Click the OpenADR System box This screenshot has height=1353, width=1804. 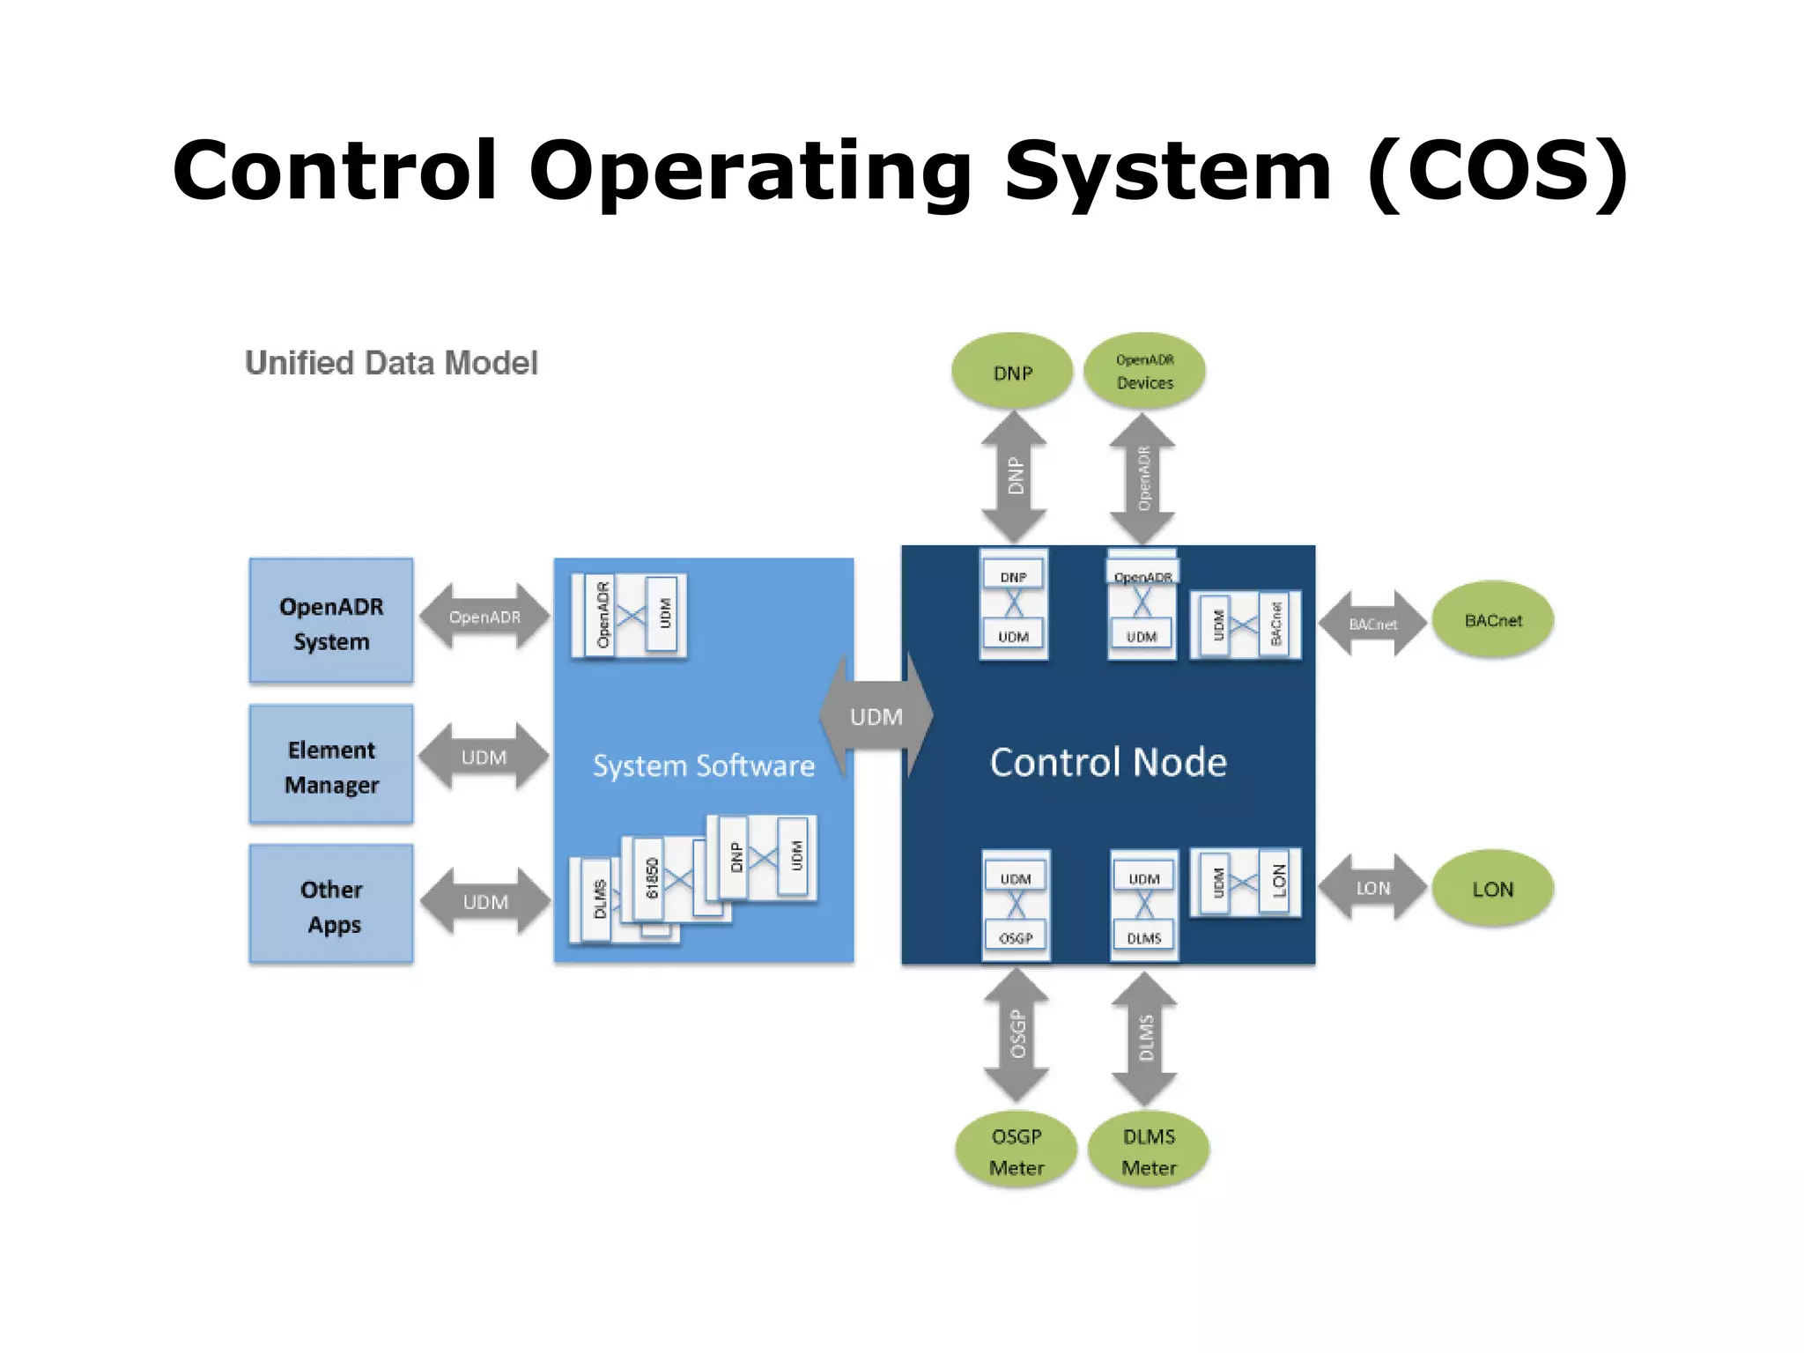pos(330,621)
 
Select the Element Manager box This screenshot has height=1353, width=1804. pos(330,765)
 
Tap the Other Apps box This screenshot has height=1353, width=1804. pos(330,905)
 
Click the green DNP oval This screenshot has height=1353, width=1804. pos(1012,372)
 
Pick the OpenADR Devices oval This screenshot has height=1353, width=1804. pos(1144,371)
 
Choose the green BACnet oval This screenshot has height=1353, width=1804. pos(1492,620)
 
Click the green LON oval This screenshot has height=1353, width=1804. pos(1492,889)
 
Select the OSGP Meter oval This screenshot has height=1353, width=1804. pos(1016,1150)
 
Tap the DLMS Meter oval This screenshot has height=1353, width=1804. pos(1148,1150)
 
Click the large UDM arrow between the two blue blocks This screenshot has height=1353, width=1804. pos(876,717)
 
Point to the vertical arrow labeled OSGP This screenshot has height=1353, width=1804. pos(1017,1034)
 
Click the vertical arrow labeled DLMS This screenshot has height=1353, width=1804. pos(1144,1038)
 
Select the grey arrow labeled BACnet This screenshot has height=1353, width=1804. pos(1372,624)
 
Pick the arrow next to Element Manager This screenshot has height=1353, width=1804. pos(484,757)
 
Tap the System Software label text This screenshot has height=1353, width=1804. pos(703,765)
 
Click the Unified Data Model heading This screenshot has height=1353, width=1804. pos(391,363)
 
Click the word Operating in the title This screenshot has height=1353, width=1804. pos(750,170)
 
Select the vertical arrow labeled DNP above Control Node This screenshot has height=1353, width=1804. pos(1014,477)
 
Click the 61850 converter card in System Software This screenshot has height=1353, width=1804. pos(654,878)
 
